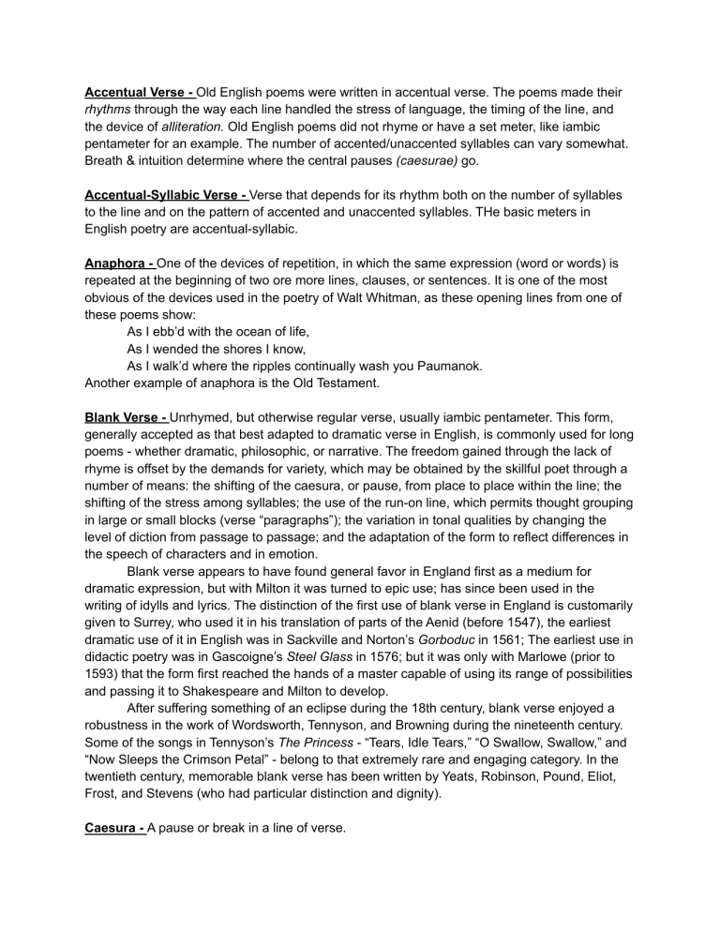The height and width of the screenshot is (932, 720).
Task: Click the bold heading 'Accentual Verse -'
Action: (139, 93)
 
